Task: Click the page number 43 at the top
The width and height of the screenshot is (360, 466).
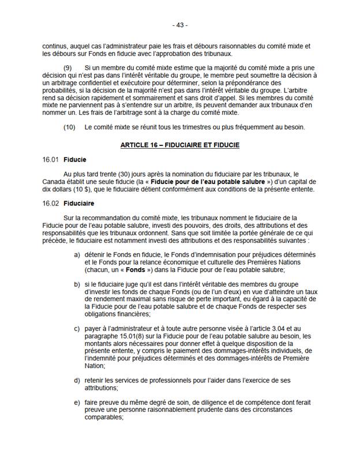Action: coord(180,25)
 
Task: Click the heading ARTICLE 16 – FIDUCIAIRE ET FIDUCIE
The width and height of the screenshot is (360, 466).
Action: coord(180,145)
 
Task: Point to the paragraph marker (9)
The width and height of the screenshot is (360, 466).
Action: coord(67,67)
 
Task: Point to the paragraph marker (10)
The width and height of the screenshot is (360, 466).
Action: coord(69,127)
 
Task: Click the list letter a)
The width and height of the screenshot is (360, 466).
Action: coord(77,255)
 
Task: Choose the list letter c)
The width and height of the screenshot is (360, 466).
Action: coord(77,329)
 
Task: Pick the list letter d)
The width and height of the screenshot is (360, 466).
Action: coord(77,381)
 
